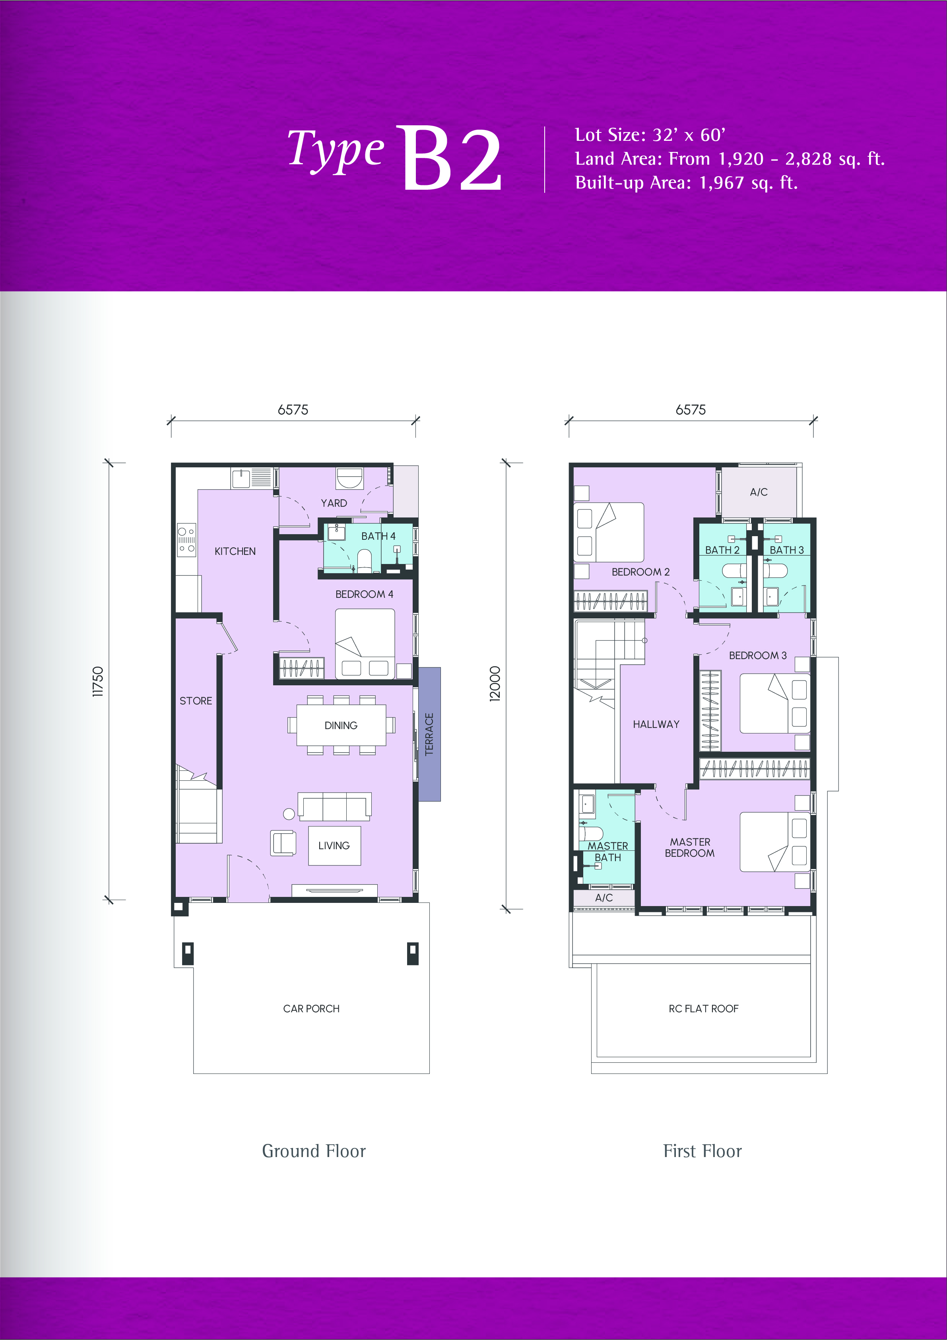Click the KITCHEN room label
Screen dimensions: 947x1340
[x=235, y=552]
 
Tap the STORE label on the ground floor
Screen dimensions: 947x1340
[x=196, y=701]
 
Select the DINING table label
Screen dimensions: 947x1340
[x=341, y=725]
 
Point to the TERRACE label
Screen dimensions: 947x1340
[x=429, y=734]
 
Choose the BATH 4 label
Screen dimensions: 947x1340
[x=378, y=536]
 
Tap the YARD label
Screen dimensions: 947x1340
[x=334, y=503]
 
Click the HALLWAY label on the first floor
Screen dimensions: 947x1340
[x=656, y=724]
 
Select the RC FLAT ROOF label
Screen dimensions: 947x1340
[x=704, y=1009]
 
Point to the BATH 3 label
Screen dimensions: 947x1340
[x=786, y=550]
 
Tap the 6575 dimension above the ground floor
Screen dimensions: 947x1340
[x=293, y=410]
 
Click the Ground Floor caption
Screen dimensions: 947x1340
[x=314, y=1151]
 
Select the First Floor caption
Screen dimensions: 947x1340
[x=702, y=1151]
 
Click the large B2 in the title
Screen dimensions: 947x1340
[x=450, y=158]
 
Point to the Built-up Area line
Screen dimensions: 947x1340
[x=686, y=183]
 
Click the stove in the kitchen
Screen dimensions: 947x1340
[x=187, y=540]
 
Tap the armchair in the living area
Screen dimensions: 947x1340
[x=283, y=843]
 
